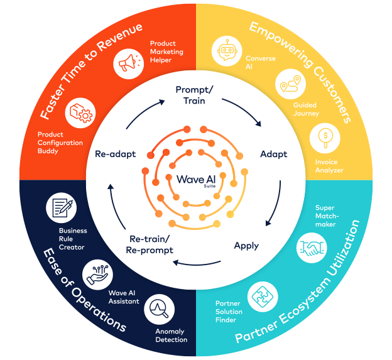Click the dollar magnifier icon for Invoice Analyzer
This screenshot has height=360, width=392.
325,136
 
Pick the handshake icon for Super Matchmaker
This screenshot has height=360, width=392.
312,247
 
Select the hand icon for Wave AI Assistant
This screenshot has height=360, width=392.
98,274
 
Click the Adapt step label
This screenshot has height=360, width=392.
273,154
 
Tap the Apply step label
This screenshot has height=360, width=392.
246,245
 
